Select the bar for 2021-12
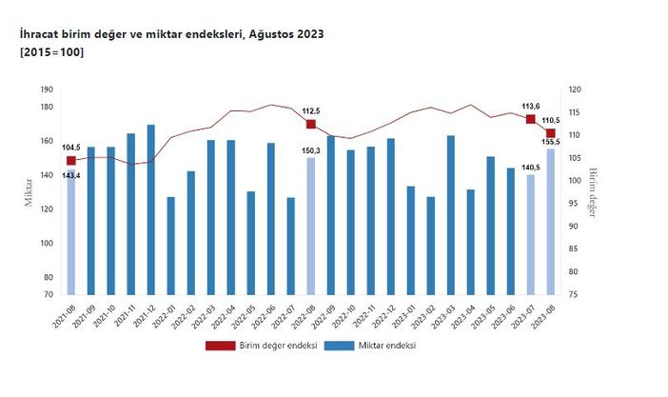[x=150, y=209]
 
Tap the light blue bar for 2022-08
[x=310, y=226]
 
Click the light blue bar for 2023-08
[x=550, y=221]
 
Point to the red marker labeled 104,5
[x=71, y=161]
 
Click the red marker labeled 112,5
[x=310, y=124]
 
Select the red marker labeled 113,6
[x=530, y=119]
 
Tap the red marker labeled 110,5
[x=550, y=133]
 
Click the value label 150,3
[x=311, y=150]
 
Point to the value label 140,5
[x=529, y=167]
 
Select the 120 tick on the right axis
[x=575, y=90]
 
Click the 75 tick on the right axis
[x=574, y=294]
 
